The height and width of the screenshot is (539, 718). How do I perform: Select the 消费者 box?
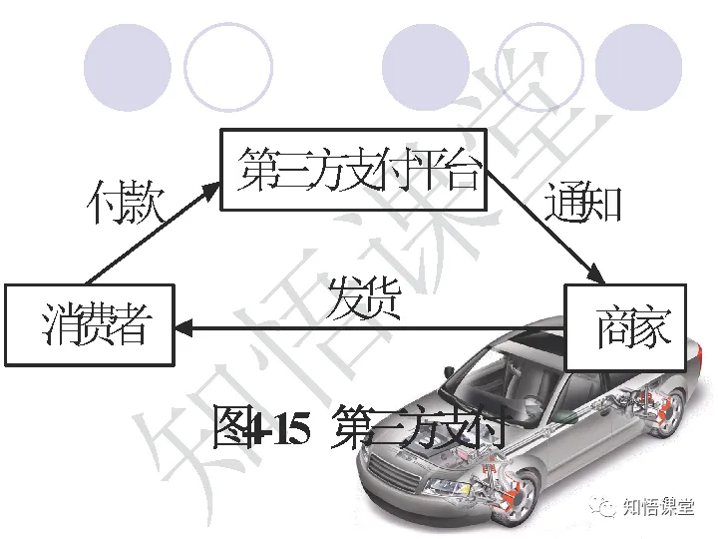[x=90, y=324]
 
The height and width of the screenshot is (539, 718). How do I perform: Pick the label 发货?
[x=363, y=298]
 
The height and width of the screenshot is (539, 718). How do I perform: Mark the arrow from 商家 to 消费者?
[x=369, y=326]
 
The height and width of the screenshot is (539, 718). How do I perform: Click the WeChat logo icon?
[x=604, y=507]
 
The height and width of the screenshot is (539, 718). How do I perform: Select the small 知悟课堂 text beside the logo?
[x=658, y=507]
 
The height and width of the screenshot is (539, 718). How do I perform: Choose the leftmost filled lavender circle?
[x=127, y=68]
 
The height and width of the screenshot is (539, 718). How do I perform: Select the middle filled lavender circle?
[x=426, y=68]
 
